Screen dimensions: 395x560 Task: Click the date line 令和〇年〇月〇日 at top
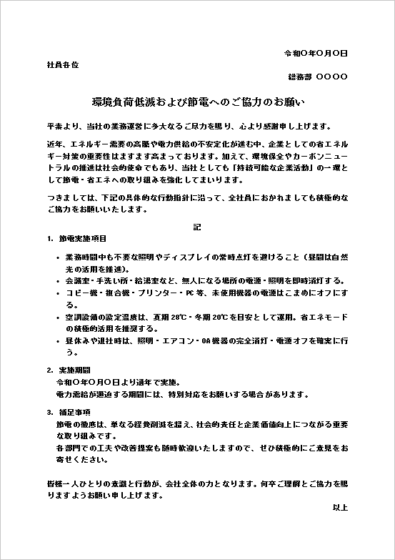[316, 54]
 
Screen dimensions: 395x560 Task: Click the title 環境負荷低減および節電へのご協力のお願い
[198, 102]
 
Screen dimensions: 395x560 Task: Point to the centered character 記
[197, 227]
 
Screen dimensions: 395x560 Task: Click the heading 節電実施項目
[84, 238]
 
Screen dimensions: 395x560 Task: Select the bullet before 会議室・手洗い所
[58, 281]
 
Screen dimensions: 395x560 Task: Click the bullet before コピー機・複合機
[58, 294]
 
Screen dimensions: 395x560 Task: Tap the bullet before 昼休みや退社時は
[58, 342]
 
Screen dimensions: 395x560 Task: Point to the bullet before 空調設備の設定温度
[58, 316]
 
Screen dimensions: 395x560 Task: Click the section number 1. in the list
[49, 238]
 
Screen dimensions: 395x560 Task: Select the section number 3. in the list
[49, 413]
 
